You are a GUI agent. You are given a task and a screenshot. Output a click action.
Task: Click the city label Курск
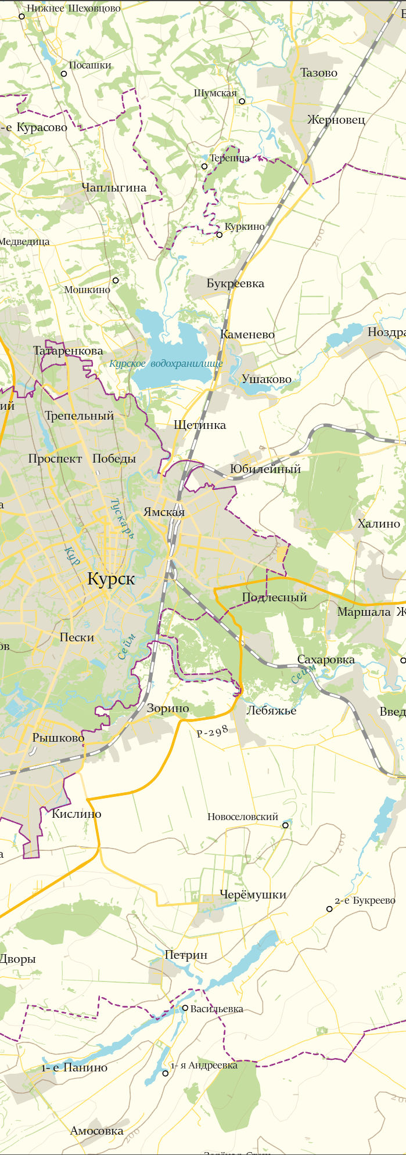tap(111, 579)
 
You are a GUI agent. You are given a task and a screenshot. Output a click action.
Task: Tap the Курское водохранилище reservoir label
tap(166, 364)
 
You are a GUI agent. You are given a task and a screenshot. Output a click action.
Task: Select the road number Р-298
tap(212, 731)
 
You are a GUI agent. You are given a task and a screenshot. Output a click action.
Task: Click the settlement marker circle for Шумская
tap(242, 101)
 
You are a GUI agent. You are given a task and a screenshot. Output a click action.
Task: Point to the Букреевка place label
tap(235, 283)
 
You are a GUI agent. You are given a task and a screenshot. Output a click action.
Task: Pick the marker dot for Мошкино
tap(115, 280)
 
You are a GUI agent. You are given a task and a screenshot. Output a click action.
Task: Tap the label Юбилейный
tap(265, 469)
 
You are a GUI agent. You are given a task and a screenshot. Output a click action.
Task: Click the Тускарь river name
tap(122, 518)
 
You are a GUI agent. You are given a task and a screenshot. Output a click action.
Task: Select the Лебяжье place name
tap(271, 710)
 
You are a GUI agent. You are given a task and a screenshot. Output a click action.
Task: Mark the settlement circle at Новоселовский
tap(285, 825)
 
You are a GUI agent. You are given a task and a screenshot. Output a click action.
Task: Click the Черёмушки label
tap(253, 894)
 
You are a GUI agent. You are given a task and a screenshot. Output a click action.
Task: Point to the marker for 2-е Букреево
tap(329, 908)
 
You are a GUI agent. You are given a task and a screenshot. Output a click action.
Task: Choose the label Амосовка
tap(96, 1131)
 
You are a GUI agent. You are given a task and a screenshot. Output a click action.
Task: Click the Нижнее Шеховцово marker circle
tap(22, 16)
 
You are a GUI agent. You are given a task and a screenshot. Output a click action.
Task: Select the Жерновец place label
tap(336, 120)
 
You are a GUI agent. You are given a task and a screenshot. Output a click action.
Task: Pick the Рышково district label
tap(58, 738)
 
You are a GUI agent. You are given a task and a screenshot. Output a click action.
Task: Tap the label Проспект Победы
tap(82, 459)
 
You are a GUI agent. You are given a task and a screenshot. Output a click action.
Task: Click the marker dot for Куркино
tap(219, 235)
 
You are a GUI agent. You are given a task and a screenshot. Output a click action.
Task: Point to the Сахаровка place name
tap(326, 660)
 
